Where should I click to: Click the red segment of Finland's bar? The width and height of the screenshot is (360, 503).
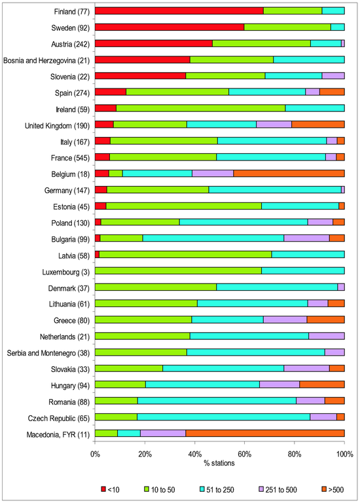point(179,11)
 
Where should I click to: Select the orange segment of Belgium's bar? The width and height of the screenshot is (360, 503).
point(289,174)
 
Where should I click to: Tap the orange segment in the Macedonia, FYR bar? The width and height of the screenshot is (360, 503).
point(265,434)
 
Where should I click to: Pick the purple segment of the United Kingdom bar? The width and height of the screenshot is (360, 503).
point(274,124)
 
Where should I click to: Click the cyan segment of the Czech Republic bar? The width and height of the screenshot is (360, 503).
point(223,417)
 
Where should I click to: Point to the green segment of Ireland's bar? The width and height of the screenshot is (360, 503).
point(201,108)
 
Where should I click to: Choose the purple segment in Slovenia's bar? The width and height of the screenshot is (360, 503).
point(333,76)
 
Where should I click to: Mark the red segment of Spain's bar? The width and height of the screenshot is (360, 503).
point(111,92)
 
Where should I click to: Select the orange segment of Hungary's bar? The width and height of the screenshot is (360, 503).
point(322,384)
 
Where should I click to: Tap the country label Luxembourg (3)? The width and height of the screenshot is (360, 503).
point(66,272)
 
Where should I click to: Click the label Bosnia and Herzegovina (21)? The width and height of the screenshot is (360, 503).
point(46,61)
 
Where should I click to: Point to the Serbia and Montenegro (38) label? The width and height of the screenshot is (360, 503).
point(48,353)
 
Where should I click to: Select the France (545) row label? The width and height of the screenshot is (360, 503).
point(70,158)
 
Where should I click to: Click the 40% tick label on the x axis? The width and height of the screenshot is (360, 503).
point(194,455)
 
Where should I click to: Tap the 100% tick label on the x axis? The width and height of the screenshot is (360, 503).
point(344,455)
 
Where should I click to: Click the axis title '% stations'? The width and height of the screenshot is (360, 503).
point(219,463)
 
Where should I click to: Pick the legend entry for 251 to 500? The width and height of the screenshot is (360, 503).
point(278,489)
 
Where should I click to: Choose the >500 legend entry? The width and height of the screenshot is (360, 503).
point(332,489)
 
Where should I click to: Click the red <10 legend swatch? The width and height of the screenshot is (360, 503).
point(103,489)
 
